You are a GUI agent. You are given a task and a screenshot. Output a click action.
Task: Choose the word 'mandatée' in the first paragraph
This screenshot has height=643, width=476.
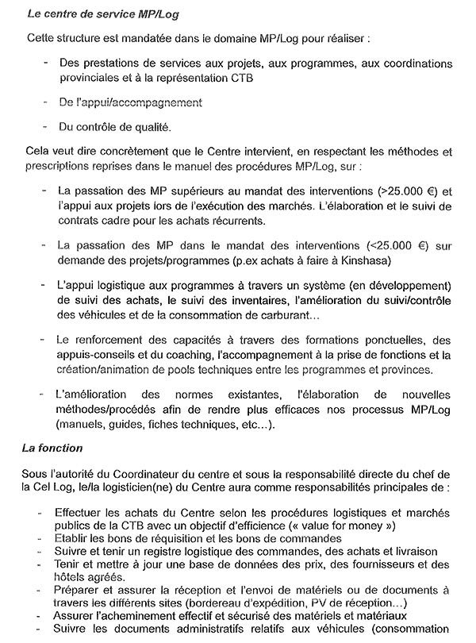(154, 38)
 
